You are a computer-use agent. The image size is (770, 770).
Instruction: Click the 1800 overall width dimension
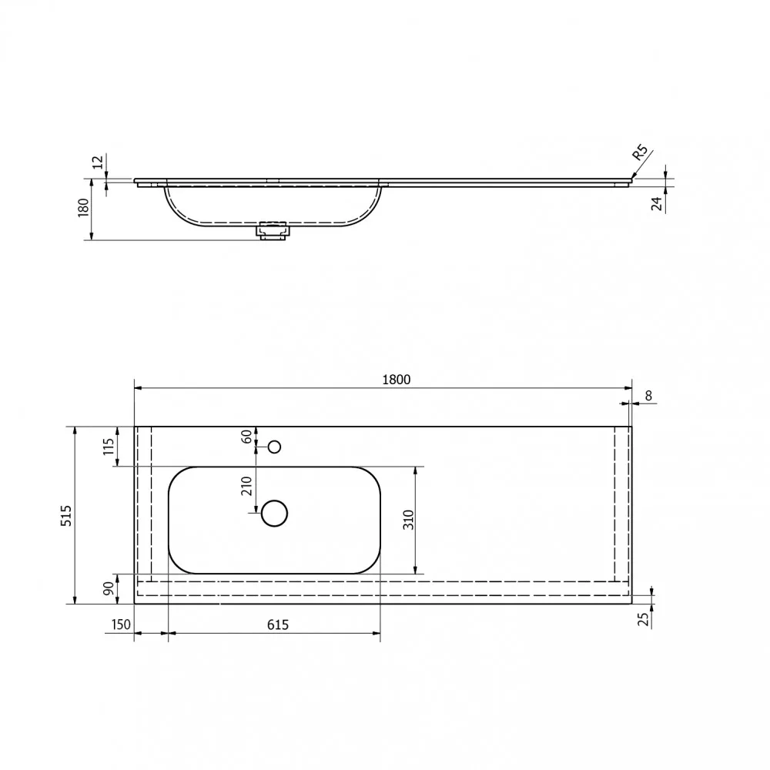(396, 379)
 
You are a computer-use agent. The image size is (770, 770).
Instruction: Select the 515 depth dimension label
(66, 516)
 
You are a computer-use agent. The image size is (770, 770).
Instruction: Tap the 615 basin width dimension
(278, 624)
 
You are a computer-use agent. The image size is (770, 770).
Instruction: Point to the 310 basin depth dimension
(409, 520)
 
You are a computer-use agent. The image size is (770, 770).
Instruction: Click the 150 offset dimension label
(121, 624)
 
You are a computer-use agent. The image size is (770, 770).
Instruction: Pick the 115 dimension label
(109, 447)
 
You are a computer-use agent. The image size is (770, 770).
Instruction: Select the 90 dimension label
(109, 588)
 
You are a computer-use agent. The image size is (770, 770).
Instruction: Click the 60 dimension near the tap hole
(246, 436)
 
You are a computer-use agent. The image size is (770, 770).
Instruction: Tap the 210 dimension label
(246, 486)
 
